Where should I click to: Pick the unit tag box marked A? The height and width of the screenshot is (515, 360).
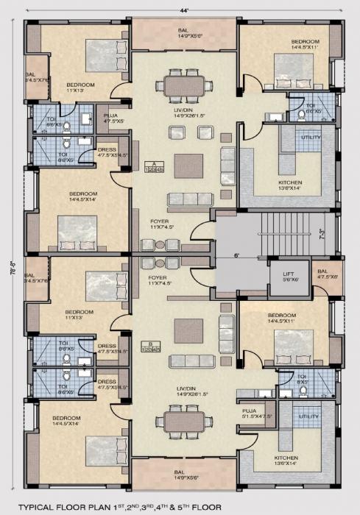tap(152, 168)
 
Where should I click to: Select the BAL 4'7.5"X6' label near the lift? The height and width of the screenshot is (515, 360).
tap(326, 274)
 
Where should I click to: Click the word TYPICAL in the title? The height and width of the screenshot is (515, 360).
tap(43, 507)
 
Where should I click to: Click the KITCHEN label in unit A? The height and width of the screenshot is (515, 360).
tap(290, 185)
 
